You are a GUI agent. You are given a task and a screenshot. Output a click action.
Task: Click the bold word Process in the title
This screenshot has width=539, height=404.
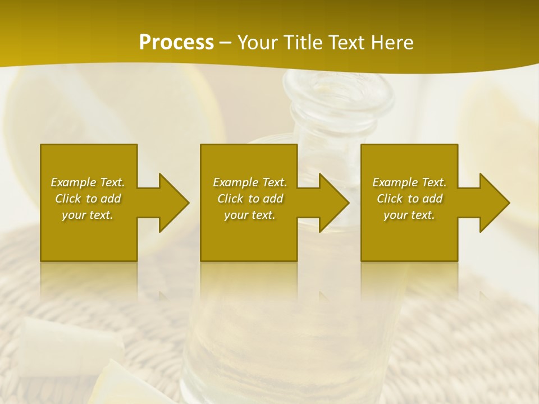tap(176, 43)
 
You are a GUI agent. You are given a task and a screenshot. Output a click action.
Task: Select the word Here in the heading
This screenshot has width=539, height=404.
tap(391, 43)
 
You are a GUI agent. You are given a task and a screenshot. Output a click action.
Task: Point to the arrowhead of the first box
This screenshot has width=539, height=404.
tap(172, 203)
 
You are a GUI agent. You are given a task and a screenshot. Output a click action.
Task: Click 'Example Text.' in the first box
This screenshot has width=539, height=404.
tap(88, 182)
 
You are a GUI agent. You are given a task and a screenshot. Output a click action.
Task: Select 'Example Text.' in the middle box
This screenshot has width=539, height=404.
tap(250, 182)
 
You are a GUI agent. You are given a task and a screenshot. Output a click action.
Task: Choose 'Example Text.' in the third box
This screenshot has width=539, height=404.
tap(409, 182)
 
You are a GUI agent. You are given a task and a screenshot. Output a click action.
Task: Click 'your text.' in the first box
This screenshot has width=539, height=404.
tap(88, 215)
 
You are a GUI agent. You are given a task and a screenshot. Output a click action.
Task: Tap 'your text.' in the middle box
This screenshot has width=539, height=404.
tap(250, 215)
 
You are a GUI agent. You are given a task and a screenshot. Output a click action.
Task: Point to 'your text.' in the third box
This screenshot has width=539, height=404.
tap(409, 215)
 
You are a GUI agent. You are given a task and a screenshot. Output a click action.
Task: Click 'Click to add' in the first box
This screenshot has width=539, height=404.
tap(88, 199)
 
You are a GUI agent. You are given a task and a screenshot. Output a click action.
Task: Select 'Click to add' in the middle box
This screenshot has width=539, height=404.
tap(250, 199)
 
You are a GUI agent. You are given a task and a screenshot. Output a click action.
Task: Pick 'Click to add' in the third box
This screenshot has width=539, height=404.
tap(410, 199)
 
